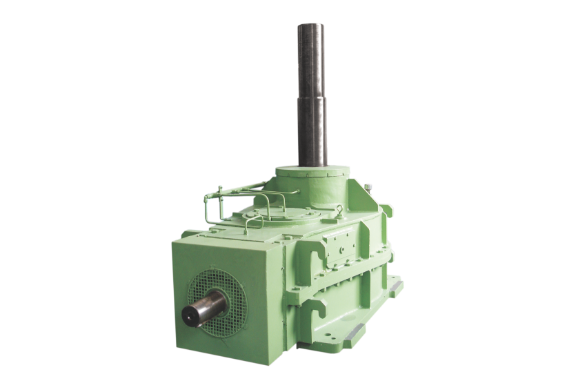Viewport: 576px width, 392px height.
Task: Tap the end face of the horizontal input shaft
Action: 197,314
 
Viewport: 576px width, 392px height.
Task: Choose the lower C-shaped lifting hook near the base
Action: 322,303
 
